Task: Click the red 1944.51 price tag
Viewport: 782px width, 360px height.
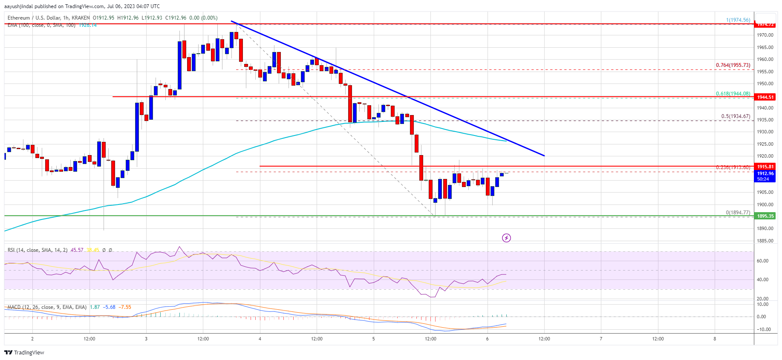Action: click(x=765, y=97)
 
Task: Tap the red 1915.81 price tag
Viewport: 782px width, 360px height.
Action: click(x=765, y=167)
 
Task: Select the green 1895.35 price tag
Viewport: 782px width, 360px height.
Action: click(x=765, y=216)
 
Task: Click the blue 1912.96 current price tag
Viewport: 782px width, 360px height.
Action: click(x=765, y=174)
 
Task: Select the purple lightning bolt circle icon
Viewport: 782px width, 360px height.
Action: click(x=506, y=238)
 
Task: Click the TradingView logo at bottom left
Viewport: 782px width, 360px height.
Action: click(x=24, y=352)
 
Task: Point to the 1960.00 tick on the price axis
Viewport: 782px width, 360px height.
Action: click(x=765, y=60)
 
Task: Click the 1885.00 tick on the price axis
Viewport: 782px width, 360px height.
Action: click(x=765, y=241)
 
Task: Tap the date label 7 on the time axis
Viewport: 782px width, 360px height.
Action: click(x=601, y=339)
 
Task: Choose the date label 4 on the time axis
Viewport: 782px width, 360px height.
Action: click(x=260, y=339)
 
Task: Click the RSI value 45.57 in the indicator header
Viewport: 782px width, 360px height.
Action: click(x=77, y=250)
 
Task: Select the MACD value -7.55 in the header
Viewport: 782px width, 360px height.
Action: click(x=125, y=307)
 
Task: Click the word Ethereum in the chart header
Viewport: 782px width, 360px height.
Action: click(x=19, y=18)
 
